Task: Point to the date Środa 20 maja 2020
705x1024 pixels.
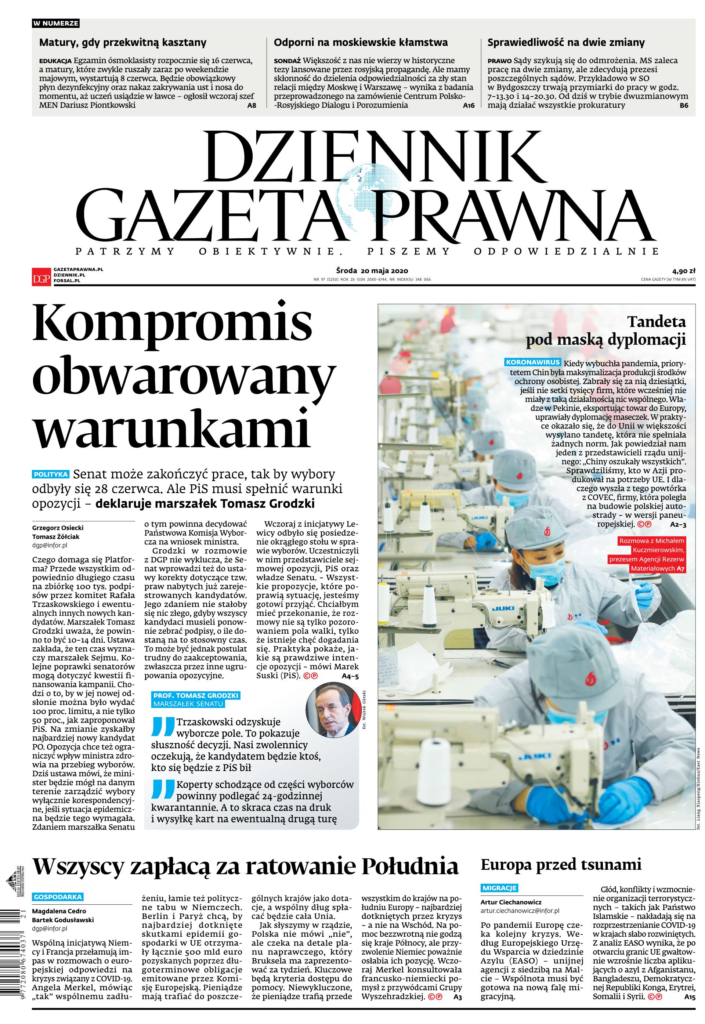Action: [x=372, y=271]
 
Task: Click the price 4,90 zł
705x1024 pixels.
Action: [x=684, y=271]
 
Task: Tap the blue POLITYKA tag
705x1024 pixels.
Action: [x=51, y=474]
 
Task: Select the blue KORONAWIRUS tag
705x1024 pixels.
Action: [x=533, y=362]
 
